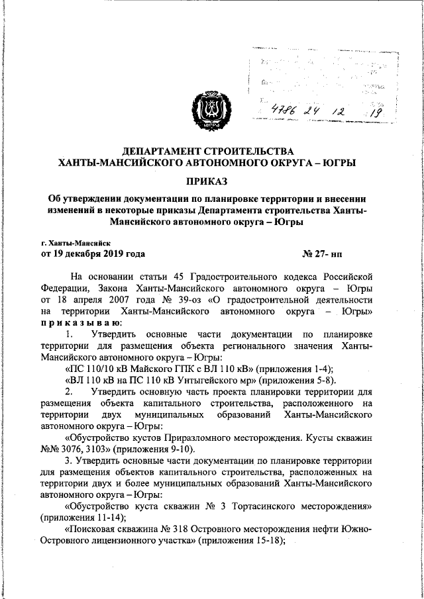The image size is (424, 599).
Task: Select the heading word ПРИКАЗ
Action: [x=212, y=180]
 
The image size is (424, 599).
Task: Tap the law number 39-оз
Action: [x=191, y=299]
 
